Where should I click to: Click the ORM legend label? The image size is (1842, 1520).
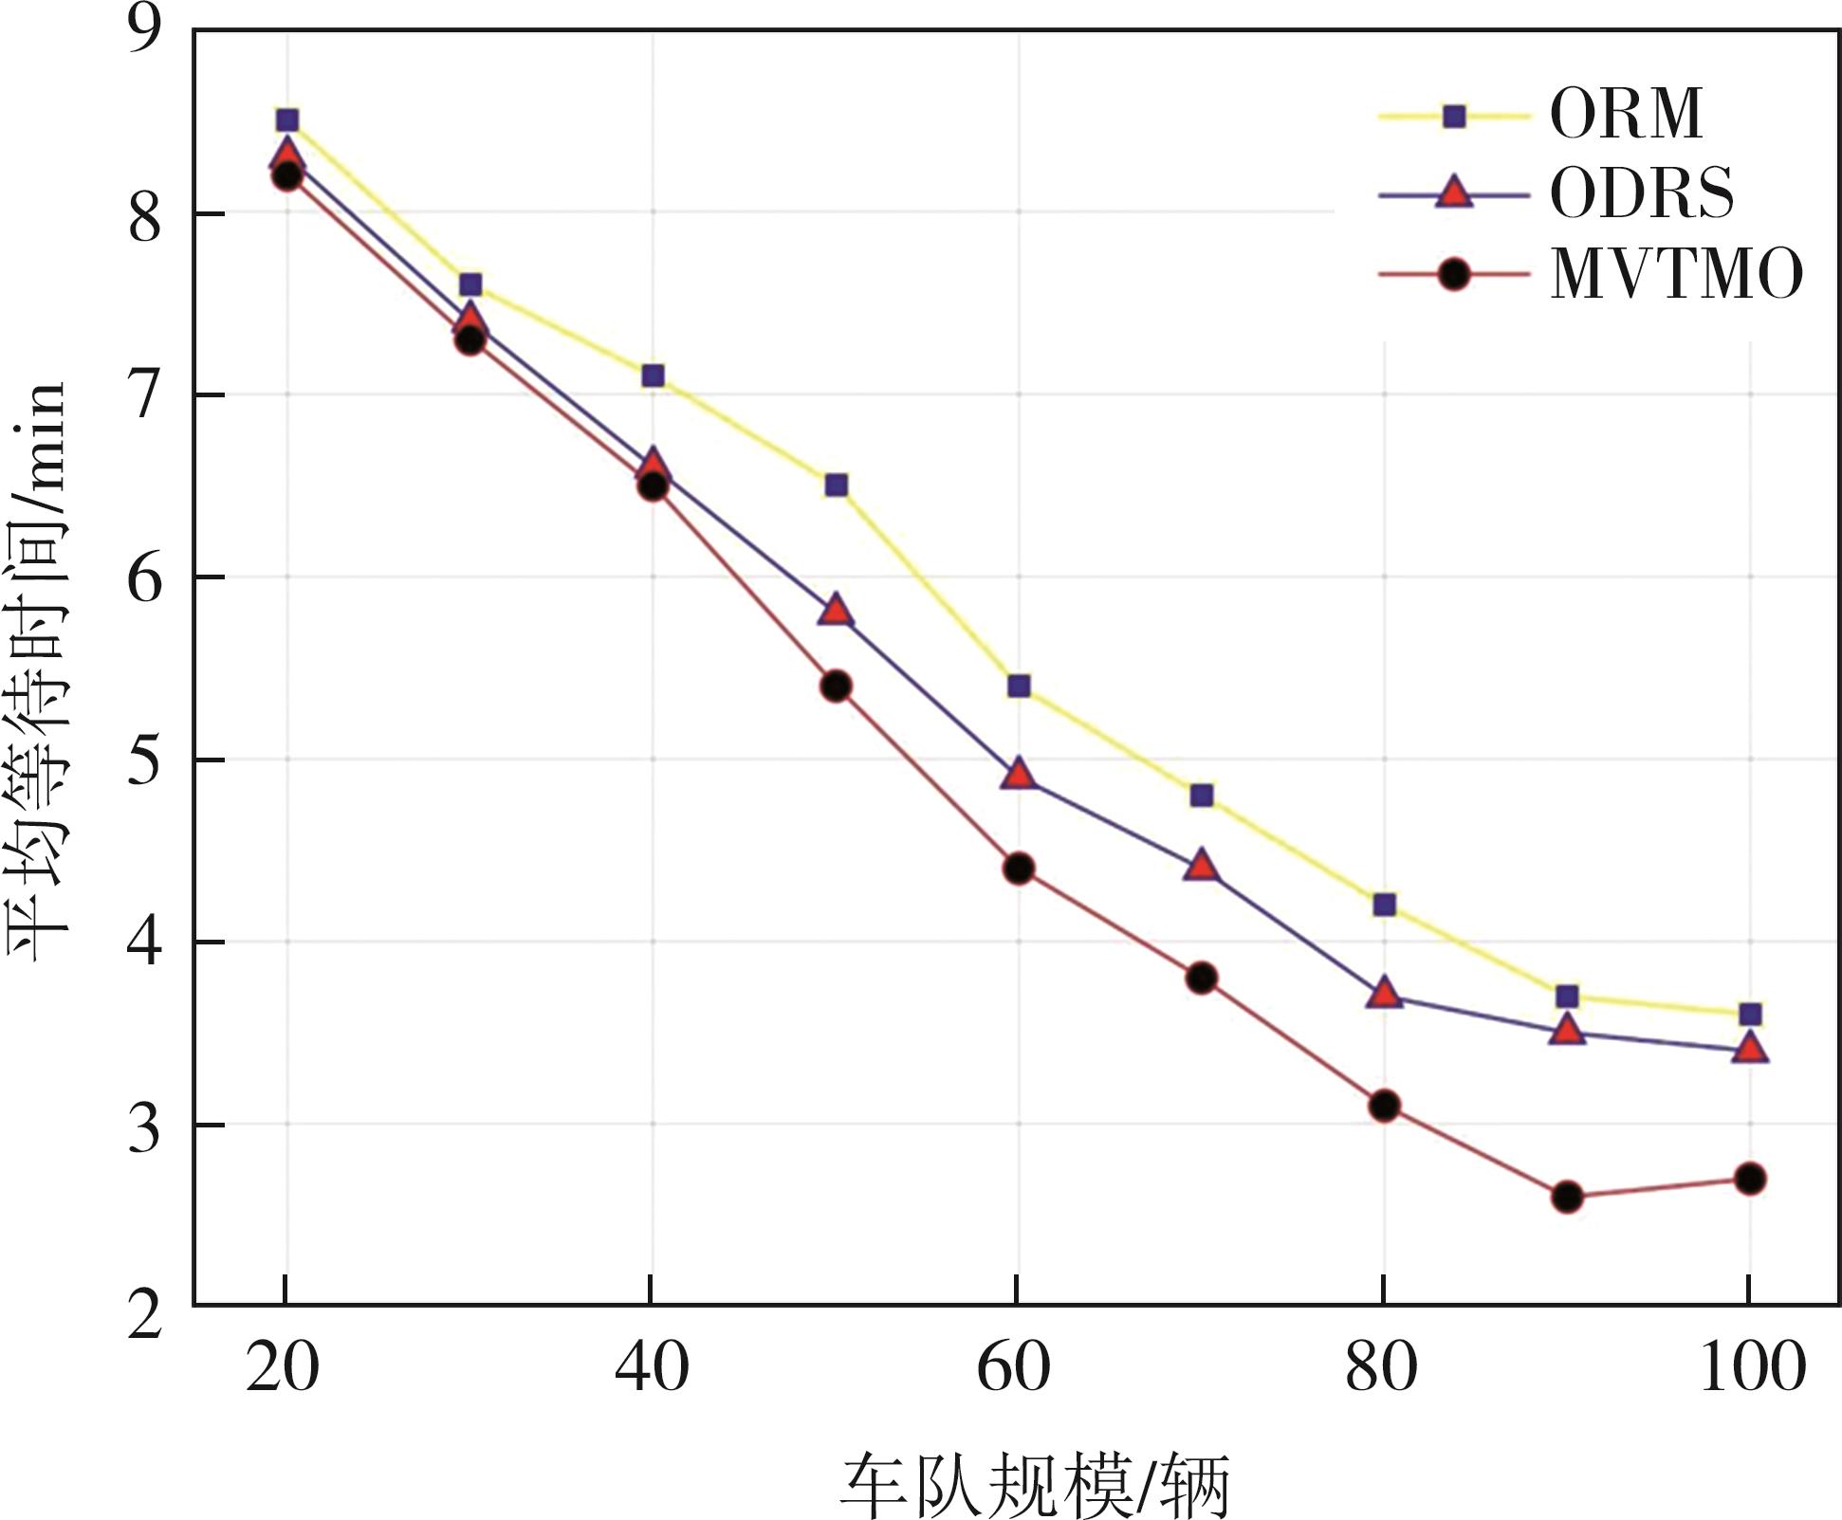[x=1626, y=116]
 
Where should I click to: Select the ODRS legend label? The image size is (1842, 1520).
[x=1642, y=194]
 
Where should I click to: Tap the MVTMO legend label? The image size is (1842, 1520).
[x=1676, y=275]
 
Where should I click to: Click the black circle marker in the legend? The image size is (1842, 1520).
[x=1453, y=276]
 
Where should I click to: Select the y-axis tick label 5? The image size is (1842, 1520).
[x=144, y=760]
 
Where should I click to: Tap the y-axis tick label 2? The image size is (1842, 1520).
[x=144, y=1314]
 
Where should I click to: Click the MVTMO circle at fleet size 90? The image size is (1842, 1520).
[x=1567, y=1197]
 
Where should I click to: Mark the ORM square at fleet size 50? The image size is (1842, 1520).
[x=836, y=485]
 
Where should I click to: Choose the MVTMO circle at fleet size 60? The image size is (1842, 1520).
[x=1019, y=869]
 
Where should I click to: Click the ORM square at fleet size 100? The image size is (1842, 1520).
[x=1750, y=1015]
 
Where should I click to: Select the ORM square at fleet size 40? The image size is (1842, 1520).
[x=653, y=375]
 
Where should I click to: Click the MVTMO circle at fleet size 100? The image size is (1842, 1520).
[x=1750, y=1179]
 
